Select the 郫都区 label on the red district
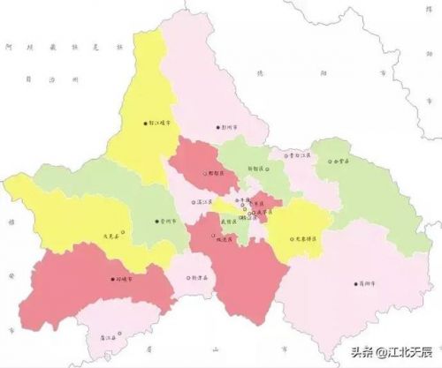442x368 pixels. pyautogui.click(x=216, y=175)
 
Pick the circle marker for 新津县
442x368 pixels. pyautogui.click(x=189, y=276)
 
